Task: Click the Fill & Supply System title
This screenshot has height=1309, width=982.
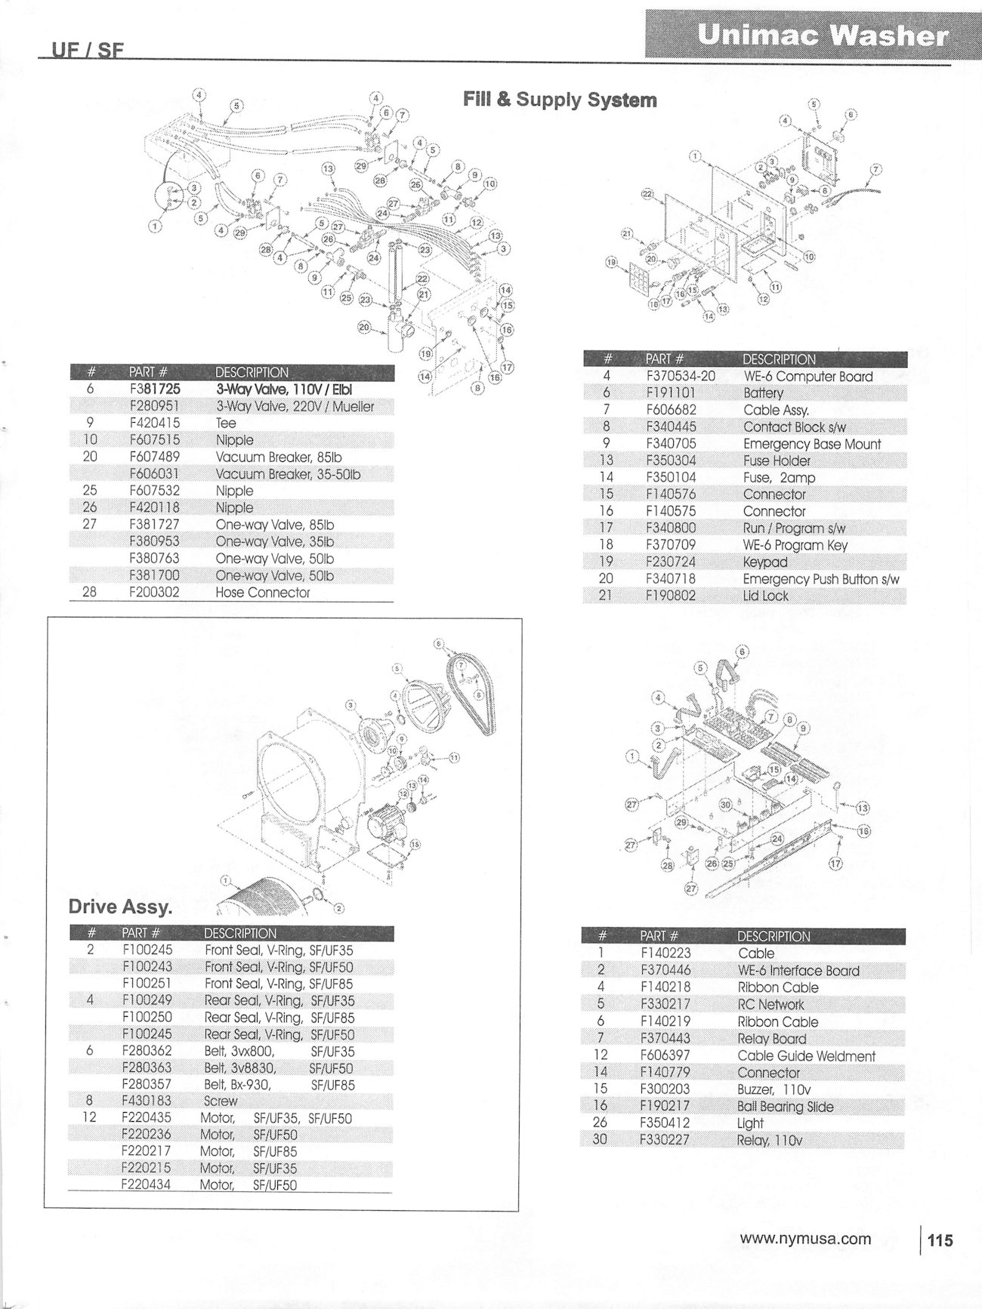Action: click(x=559, y=100)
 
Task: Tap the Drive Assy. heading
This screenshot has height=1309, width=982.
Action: click(x=114, y=907)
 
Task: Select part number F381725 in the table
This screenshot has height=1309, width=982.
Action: click(x=155, y=390)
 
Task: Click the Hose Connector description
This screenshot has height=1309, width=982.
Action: click(x=262, y=593)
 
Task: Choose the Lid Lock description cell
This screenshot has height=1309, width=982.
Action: click(x=765, y=596)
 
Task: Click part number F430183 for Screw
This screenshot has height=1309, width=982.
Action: click(x=147, y=1101)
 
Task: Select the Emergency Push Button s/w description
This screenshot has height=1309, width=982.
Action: click(x=820, y=579)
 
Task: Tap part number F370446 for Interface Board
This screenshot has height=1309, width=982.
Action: click(x=665, y=970)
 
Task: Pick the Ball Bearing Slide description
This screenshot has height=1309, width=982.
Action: click(x=785, y=1107)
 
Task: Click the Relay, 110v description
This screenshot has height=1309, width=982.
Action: click(x=769, y=1140)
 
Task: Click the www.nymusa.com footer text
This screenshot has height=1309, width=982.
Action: click(x=805, y=1239)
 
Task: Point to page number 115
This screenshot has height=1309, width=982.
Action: click(x=940, y=1240)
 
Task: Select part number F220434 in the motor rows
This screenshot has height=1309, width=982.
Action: click(x=146, y=1184)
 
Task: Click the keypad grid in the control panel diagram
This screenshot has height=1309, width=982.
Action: click(x=633, y=277)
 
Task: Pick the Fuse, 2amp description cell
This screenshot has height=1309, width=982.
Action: click(x=778, y=478)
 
